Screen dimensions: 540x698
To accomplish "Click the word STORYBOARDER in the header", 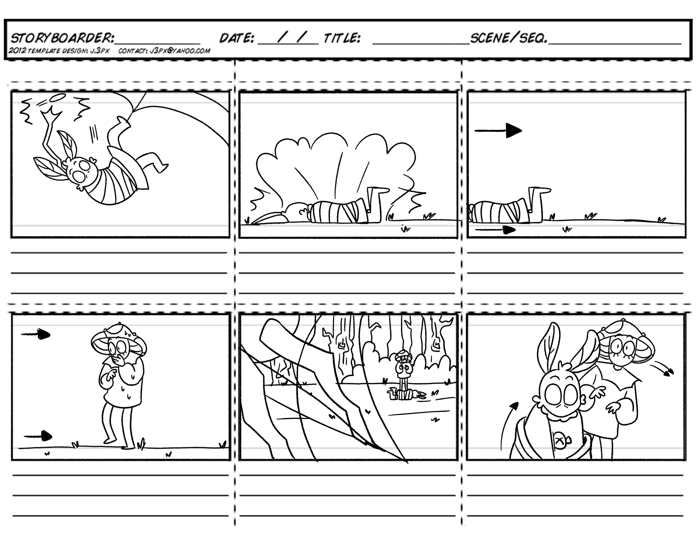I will (x=62, y=38).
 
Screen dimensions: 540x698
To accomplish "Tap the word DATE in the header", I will (x=236, y=38).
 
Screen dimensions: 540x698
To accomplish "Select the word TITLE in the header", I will (x=342, y=38).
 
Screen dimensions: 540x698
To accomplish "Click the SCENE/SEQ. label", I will (x=508, y=38).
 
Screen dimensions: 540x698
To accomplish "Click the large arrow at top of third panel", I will (x=499, y=131).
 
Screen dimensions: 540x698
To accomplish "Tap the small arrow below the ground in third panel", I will (x=495, y=229).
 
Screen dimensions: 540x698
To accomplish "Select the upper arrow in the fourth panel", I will (x=36, y=335).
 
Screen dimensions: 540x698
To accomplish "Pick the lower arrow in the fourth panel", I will (x=38, y=436).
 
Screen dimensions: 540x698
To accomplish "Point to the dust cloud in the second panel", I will (x=336, y=166).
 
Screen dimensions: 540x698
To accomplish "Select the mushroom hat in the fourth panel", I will (x=118, y=338).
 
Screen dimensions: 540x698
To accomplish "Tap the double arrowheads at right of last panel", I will (x=668, y=371).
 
